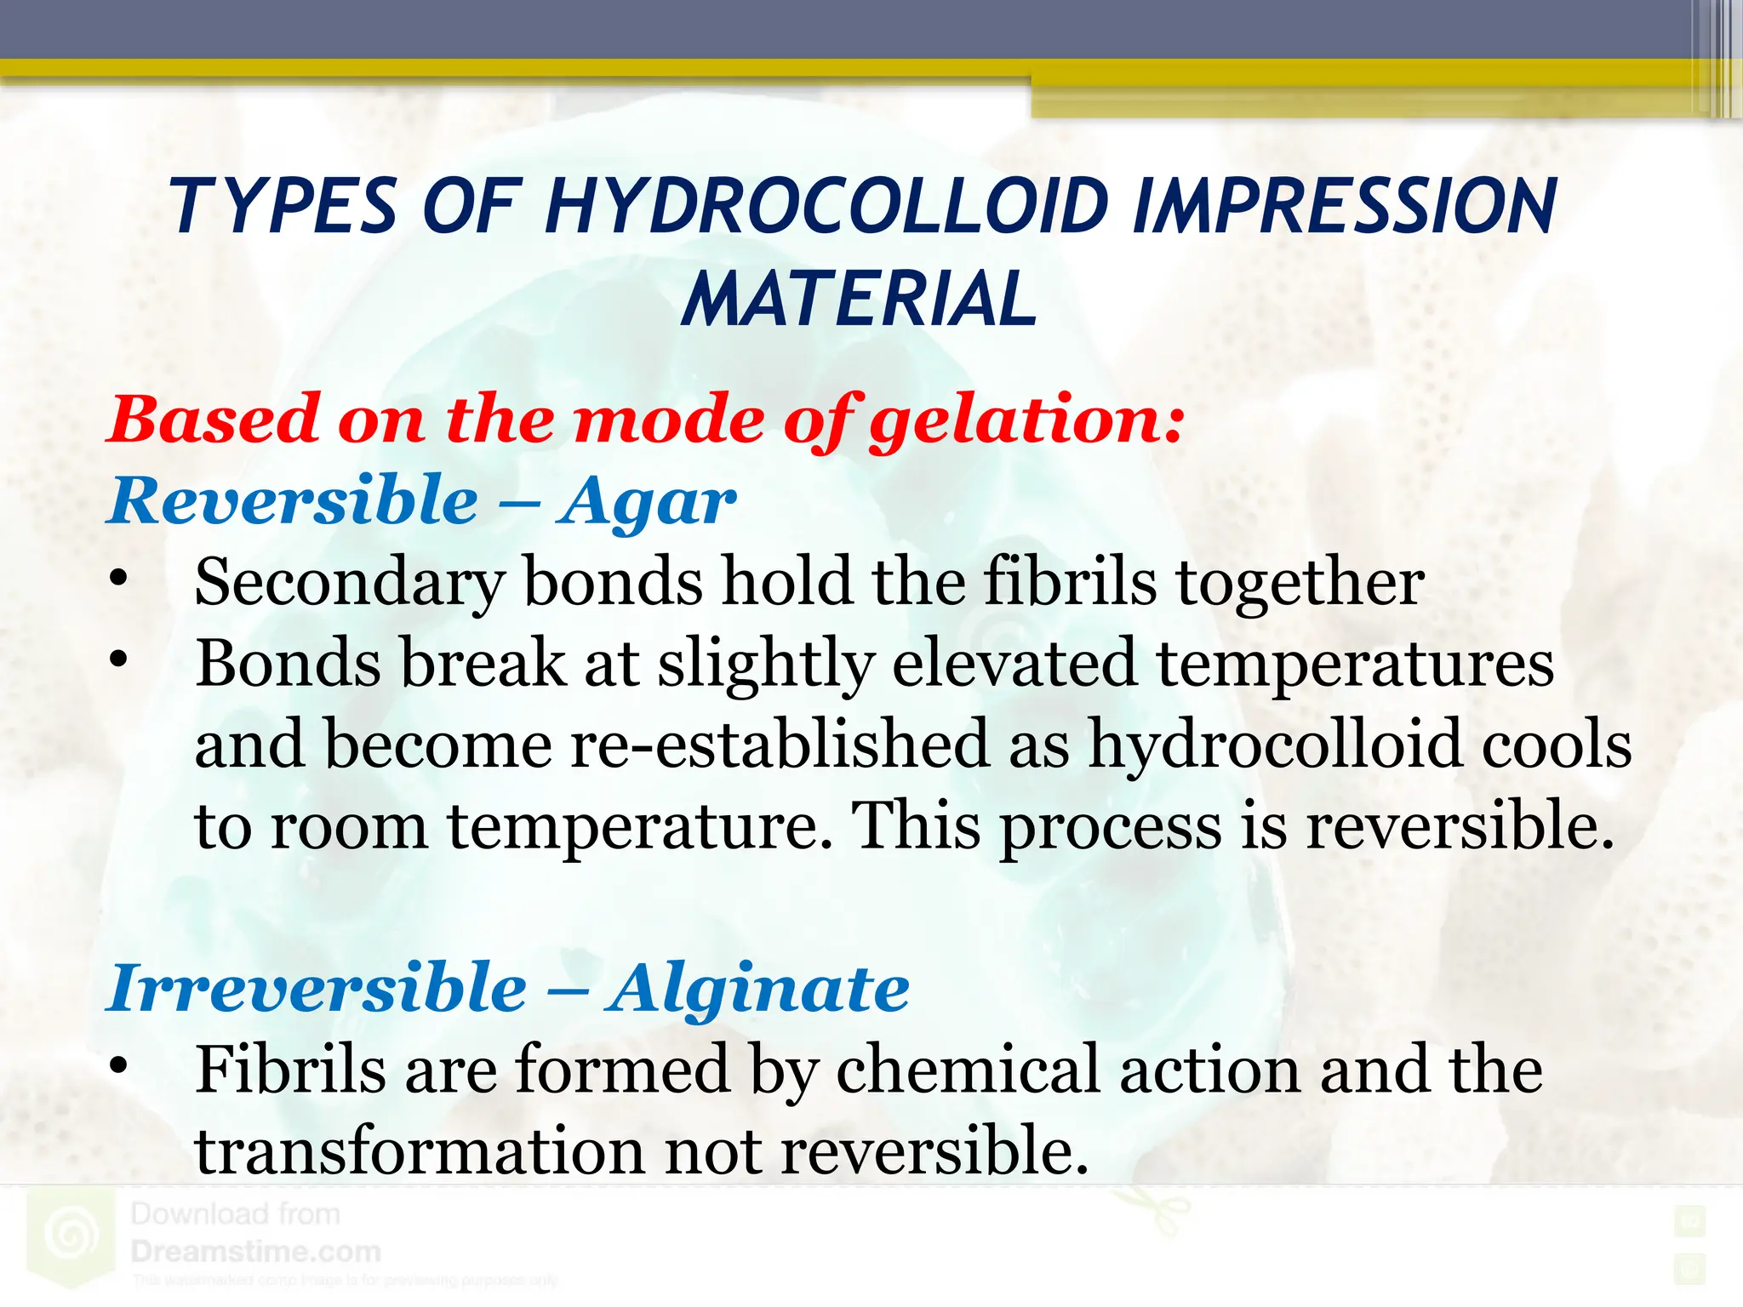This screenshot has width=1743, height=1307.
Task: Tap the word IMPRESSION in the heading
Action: pos(1345,207)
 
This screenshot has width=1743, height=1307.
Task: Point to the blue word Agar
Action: pos(646,502)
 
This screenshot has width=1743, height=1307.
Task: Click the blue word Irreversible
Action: pos(317,990)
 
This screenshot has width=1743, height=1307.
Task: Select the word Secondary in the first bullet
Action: pos(350,584)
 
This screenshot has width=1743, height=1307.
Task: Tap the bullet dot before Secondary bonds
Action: pos(118,579)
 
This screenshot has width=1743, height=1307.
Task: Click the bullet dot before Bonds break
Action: pos(118,659)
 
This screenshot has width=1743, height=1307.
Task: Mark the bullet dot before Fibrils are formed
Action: pos(118,1065)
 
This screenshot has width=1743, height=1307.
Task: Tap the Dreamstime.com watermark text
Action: pos(255,1252)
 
